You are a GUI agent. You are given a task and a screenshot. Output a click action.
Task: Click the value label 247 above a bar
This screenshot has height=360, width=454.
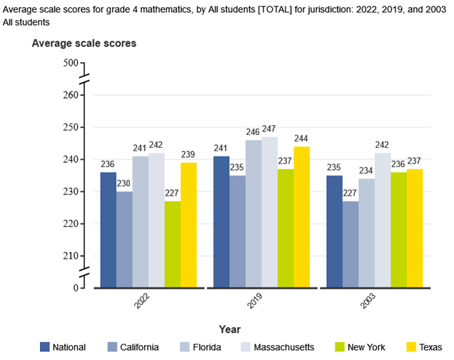pyautogui.click(x=269, y=129)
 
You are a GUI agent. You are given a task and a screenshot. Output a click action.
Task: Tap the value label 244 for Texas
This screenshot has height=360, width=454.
pyautogui.click(x=302, y=139)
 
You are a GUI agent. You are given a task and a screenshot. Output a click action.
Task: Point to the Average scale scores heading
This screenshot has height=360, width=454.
pyautogui.click(x=84, y=44)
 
